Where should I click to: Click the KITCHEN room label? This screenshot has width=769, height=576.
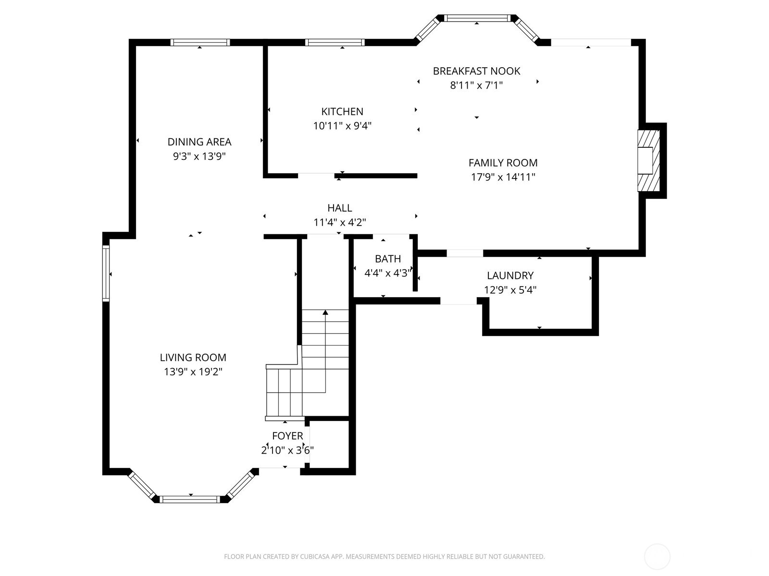click(x=342, y=111)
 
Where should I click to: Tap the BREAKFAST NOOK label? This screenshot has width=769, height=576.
click(x=476, y=71)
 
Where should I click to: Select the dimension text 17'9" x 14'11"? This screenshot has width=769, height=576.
click(x=503, y=177)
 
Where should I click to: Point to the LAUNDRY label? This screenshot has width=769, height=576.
click(x=510, y=276)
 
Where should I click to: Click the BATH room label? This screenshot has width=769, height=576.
click(x=387, y=259)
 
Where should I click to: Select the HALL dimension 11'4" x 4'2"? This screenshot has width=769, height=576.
click(x=339, y=223)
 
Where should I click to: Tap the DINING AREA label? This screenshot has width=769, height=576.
click(x=199, y=142)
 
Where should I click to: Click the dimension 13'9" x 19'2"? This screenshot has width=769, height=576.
click(x=193, y=372)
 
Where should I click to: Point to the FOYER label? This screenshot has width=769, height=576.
click(x=287, y=436)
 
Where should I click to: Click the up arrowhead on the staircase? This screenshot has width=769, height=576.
click(x=325, y=312)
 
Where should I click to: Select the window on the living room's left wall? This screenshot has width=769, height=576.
click(x=106, y=274)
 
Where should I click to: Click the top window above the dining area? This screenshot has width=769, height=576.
click(x=200, y=42)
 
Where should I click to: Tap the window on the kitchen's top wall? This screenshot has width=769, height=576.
click(x=335, y=42)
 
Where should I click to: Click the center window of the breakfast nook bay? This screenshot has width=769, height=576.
click(x=476, y=18)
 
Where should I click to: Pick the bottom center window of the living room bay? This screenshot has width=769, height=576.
click(x=190, y=499)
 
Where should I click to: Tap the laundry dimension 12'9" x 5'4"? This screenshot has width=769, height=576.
click(x=510, y=290)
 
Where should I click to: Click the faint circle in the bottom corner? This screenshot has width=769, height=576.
click(x=657, y=557)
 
